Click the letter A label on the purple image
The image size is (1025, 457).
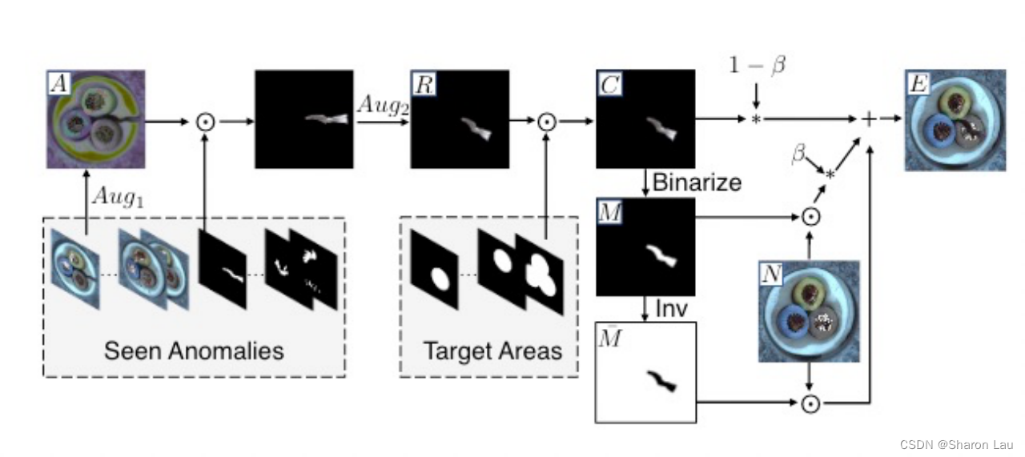[x=57, y=81]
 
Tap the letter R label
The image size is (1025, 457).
[x=422, y=82]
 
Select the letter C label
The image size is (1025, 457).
[x=608, y=82]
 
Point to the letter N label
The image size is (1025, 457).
[x=771, y=274]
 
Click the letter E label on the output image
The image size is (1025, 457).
[x=918, y=81]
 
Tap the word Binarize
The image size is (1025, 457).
[x=696, y=182]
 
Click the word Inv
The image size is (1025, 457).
[x=671, y=308]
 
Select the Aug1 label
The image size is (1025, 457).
[x=116, y=195]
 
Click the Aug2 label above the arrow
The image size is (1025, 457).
[x=382, y=105]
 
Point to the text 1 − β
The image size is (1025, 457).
[x=757, y=65]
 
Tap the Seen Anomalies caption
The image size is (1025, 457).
[x=195, y=351]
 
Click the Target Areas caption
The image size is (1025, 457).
[x=492, y=351]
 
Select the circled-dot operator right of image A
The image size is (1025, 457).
[x=206, y=122]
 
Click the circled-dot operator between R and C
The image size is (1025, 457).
[x=546, y=122]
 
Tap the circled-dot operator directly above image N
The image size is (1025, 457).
[x=810, y=216]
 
